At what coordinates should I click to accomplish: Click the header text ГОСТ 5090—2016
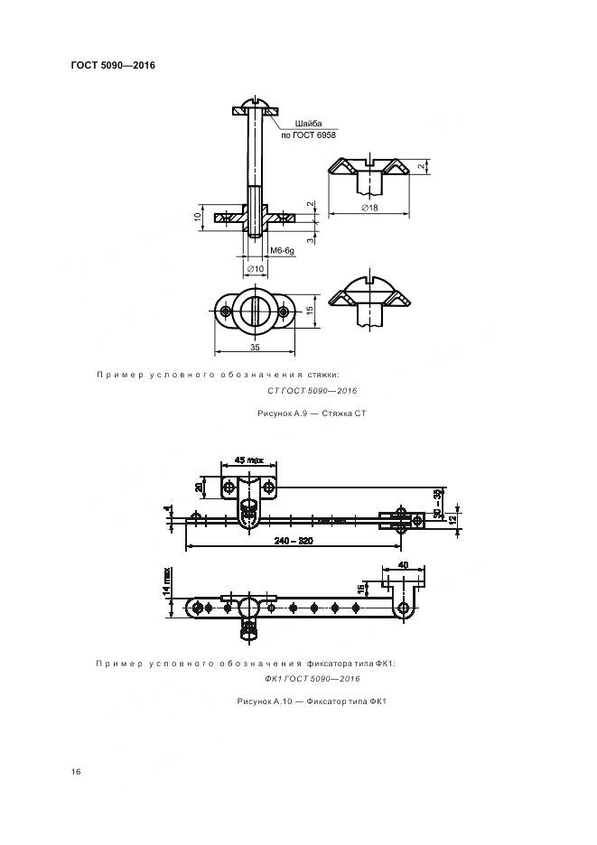113,65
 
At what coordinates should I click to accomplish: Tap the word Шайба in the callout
308,124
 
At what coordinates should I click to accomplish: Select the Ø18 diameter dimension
369,207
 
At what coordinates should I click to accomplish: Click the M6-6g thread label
282,251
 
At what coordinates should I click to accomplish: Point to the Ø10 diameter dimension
255,268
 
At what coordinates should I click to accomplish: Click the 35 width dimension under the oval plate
255,347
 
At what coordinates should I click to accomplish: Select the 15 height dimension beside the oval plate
310,311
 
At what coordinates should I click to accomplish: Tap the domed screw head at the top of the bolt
255,102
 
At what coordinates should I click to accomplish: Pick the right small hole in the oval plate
285,311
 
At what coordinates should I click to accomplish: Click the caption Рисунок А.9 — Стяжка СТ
312,413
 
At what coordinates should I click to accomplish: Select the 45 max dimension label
248,460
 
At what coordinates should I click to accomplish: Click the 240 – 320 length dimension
294,541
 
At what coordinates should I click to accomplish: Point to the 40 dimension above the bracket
403,565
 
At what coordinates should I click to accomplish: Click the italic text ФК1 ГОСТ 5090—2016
312,679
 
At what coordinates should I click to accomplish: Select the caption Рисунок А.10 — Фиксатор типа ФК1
312,701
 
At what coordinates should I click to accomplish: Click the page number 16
76,772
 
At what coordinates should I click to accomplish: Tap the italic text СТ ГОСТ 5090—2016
312,391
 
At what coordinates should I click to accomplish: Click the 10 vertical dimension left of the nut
198,217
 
